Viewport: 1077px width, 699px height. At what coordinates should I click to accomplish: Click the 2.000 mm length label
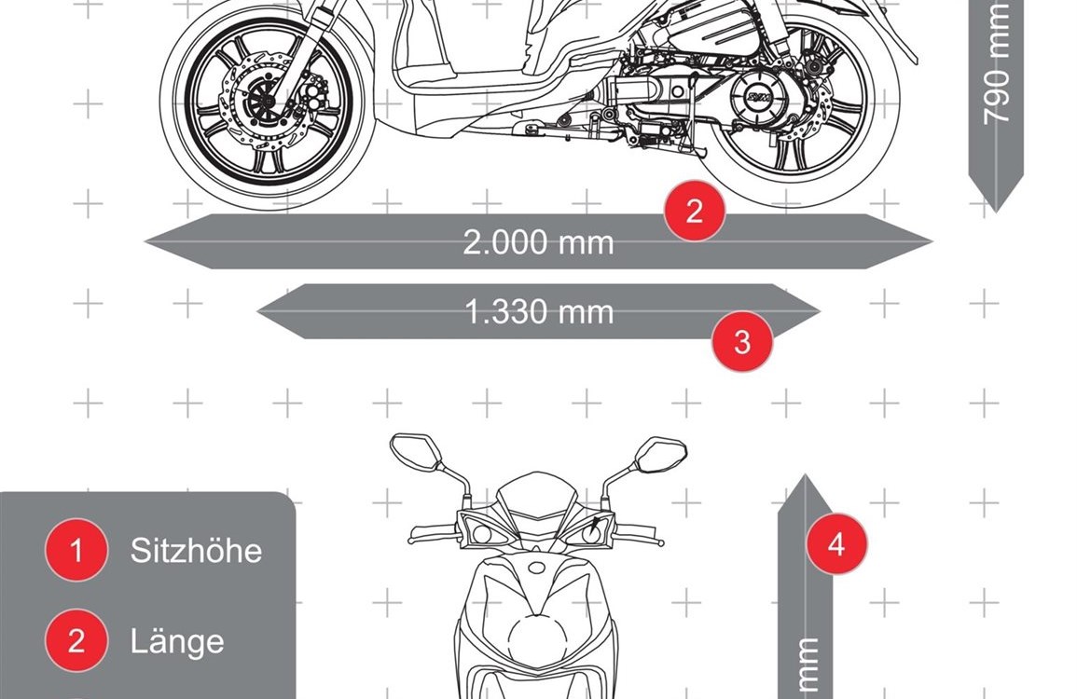[538, 242]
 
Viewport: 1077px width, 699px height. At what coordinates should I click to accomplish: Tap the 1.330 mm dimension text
[539, 311]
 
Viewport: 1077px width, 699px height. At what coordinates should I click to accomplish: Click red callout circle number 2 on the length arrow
[695, 211]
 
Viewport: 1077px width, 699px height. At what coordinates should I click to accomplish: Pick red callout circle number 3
[742, 342]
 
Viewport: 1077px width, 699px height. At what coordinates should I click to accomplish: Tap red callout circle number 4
[835, 543]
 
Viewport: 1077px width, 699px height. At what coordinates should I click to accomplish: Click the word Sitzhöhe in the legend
[197, 551]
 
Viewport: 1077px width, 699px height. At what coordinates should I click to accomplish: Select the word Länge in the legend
[177, 641]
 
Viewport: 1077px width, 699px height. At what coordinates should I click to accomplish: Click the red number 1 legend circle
[76, 550]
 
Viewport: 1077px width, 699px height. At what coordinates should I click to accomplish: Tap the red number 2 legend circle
[76, 640]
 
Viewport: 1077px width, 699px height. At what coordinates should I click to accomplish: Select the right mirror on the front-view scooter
[661, 452]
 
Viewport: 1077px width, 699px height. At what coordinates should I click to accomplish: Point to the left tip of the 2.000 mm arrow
[145, 241]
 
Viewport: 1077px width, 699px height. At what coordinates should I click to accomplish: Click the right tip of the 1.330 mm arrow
[821, 311]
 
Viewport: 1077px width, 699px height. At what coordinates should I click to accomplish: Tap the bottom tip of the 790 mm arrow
[996, 212]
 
